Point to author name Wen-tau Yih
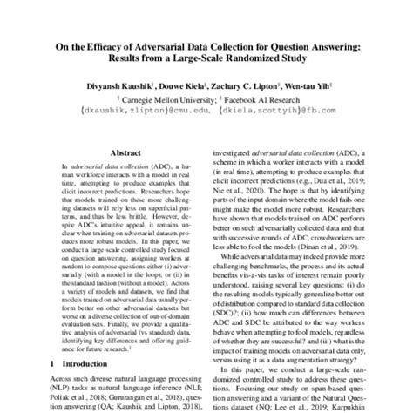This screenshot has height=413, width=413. [x=305, y=87]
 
